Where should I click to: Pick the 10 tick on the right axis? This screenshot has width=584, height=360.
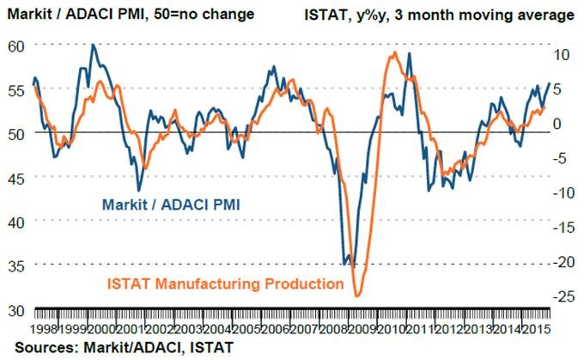pyautogui.click(x=561, y=53)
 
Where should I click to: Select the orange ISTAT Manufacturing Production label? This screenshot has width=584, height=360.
pyautogui.click(x=225, y=284)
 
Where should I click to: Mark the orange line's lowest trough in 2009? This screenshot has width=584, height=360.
pyautogui.click(x=356, y=296)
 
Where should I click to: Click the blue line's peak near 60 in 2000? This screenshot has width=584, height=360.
pyautogui.click(x=92, y=45)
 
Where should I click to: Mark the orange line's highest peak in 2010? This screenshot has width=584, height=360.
pyautogui.click(x=393, y=52)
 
